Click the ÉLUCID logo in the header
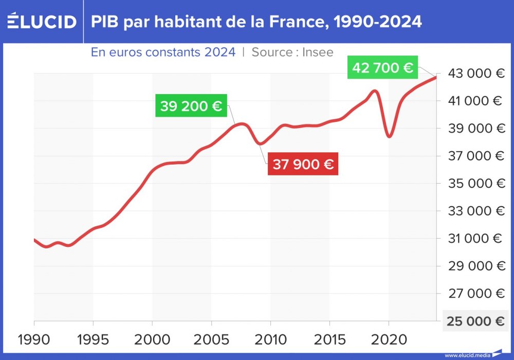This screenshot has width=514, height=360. [42, 22]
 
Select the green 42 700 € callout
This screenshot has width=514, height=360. [382, 67]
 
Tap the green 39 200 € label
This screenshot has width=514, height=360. [191, 106]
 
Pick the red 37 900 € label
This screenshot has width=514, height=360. [303, 165]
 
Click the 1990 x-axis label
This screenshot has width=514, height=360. [34, 339]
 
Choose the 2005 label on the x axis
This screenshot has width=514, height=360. [211, 339]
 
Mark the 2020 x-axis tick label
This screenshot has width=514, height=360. [389, 339]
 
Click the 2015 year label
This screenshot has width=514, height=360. [329, 339]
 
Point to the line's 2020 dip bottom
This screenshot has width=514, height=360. [389, 137]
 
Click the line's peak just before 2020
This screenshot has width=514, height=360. [375, 91]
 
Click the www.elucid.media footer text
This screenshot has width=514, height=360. [466, 355]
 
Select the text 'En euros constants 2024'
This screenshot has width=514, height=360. [163, 52]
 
